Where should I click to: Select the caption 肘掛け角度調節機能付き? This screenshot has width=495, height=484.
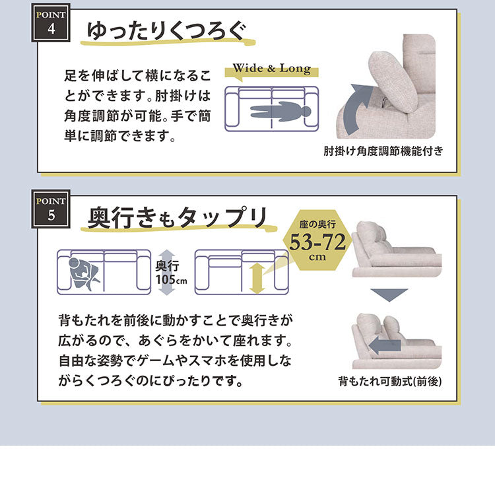(x=382, y=151)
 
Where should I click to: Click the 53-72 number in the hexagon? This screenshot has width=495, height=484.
(x=318, y=242)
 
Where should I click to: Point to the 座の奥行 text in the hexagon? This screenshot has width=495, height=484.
(x=318, y=226)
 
